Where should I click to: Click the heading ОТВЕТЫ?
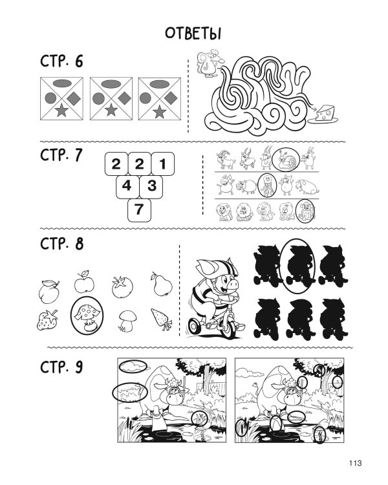pos(193,34)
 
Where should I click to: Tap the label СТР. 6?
pos(61,61)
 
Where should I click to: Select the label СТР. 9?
pos(61,367)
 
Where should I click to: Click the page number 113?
pos(356,463)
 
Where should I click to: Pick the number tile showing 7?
pos(139,210)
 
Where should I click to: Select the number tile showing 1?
pos(163,164)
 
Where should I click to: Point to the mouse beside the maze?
pos(208,63)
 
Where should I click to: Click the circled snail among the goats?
pos(286,160)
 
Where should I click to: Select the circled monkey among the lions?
pos(305,211)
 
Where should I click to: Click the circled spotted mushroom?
pos(87,315)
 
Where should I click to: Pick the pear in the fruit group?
pos(162,285)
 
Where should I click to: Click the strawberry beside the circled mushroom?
pos(47,319)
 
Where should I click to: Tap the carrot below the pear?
pos(162,319)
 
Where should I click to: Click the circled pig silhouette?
pos(297,266)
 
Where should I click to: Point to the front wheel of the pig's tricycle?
pos(228,328)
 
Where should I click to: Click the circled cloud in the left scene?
pos(133,366)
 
